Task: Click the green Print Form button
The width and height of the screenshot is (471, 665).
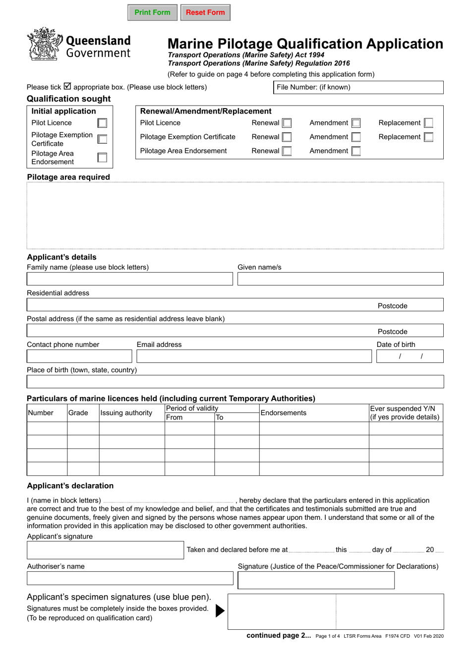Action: click(152, 12)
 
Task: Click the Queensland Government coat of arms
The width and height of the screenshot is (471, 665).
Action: click(45, 45)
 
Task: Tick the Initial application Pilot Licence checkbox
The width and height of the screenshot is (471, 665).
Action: click(102, 123)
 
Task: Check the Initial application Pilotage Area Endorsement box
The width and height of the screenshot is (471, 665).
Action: click(102, 158)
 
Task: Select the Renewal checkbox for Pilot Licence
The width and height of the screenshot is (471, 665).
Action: click(287, 123)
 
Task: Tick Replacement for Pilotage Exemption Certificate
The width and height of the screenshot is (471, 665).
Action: click(428, 137)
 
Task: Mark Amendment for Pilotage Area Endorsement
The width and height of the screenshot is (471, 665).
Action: click(356, 151)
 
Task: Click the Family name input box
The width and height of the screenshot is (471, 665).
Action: click(129, 279)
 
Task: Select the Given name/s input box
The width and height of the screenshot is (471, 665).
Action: click(340, 279)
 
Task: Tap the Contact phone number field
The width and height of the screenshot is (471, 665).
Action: click(79, 356)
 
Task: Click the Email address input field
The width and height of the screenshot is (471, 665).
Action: click(254, 356)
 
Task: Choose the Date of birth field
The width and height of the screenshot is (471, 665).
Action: click(410, 356)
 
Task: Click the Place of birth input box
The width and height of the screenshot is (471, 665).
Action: click(235, 382)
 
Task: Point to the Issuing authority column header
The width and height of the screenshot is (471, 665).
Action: click(126, 413)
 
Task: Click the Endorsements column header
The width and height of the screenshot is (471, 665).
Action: click(284, 413)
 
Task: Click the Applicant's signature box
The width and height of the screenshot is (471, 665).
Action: click(105, 550)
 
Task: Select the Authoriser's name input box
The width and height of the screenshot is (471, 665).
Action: click(129, 578)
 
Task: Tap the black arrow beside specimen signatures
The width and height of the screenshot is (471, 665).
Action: click(220, 610)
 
